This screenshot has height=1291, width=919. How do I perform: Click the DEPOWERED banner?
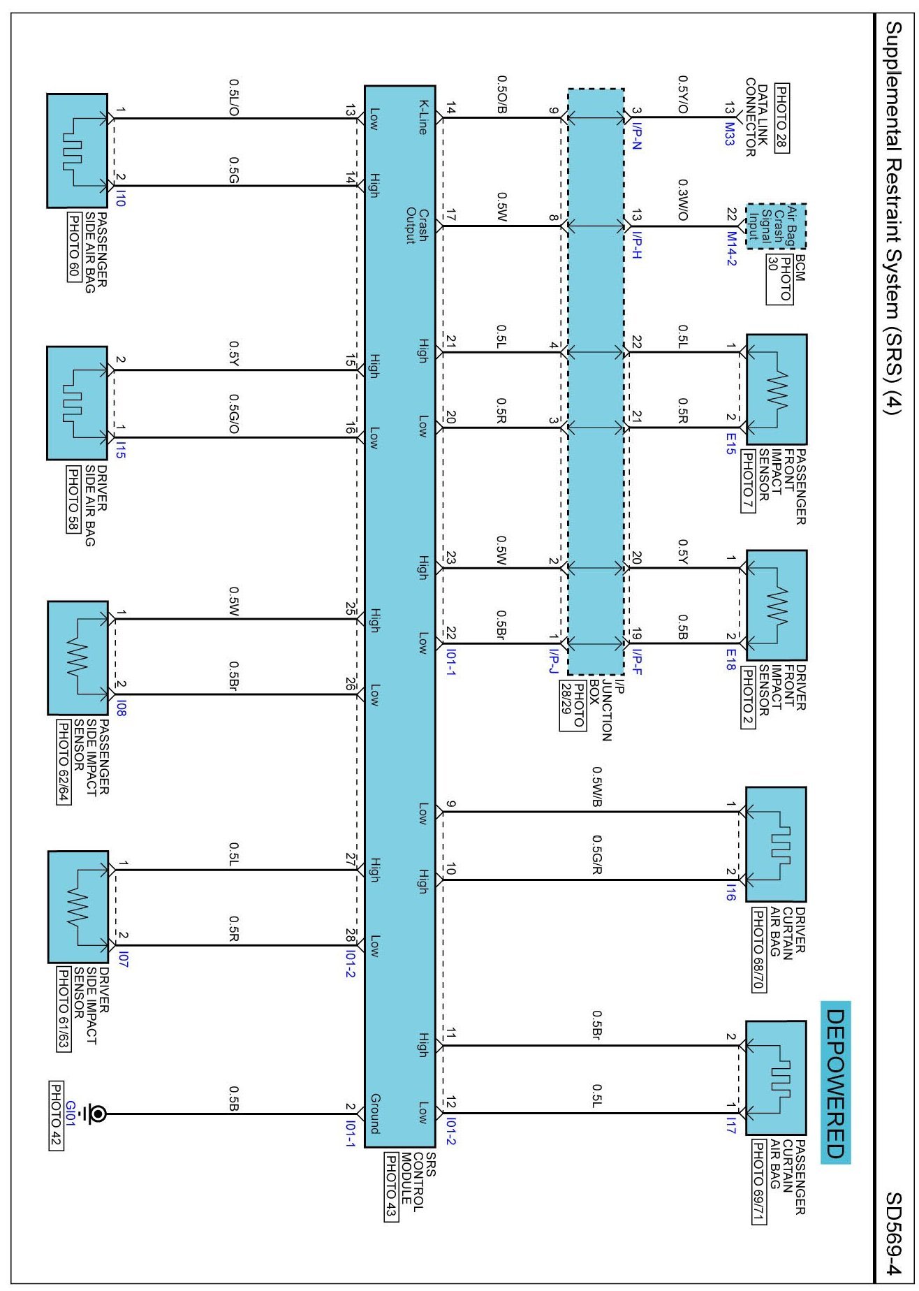[x=836, y=1083]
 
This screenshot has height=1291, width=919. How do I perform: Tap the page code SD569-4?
[x=895, y=1234]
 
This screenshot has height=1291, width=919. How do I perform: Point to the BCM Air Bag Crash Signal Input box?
[x=777, y=226]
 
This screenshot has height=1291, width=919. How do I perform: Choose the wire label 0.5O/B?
[x=501, y=95]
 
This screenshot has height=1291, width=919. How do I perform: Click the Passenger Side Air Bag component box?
[x=77, y=151]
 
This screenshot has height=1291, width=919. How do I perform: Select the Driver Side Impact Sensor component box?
[x=78, y=907]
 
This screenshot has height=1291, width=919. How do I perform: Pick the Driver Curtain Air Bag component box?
[x=776, y=844]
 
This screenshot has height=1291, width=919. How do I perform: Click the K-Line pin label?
[x=422, y=117]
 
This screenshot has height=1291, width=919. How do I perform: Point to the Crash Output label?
[x=416, y=226]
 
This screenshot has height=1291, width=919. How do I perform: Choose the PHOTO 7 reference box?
[x=747, y=482]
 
